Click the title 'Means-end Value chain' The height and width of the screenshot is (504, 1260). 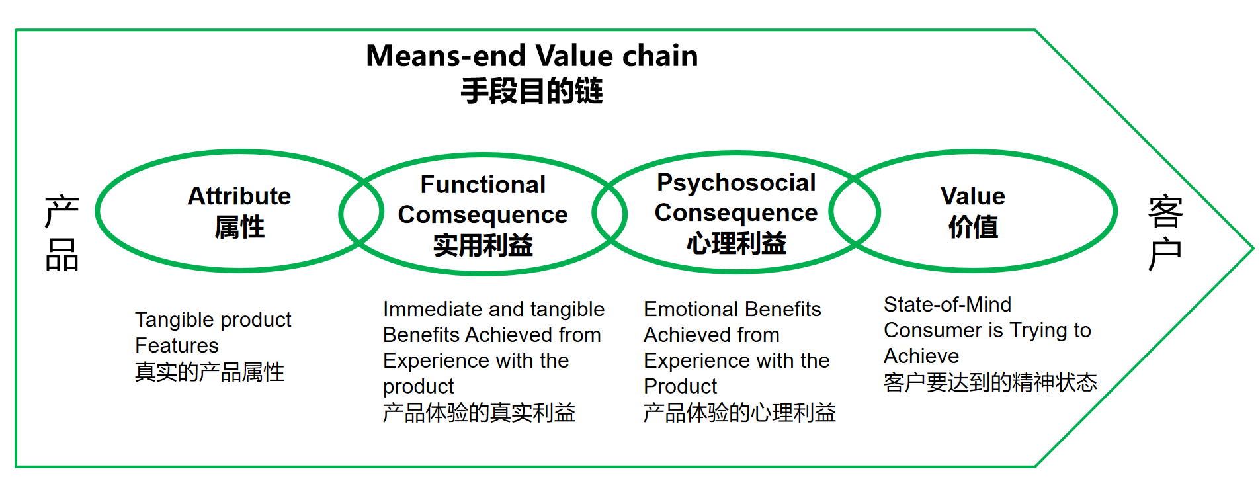pyautogui.click(x=532, y=56)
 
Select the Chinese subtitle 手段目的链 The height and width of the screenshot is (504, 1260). pyautogui.click(x=532, y=91)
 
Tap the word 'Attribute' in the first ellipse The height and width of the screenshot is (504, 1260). pyautogui.click(x=239, y=196)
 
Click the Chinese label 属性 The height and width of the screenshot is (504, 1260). pyautogui.click(x=239, y=228)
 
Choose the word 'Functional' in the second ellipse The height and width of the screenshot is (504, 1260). pyautogui.click(x=483, y=185)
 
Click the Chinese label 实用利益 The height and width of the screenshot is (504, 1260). pyautogui.click(x=483, y=246)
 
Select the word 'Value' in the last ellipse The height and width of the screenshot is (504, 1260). pyautogui.click(x=973, y=196)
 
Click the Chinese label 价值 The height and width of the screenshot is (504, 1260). pyautogui.click(x=973, y=228)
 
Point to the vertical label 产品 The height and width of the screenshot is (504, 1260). pyautogui.click(x=62, y=233)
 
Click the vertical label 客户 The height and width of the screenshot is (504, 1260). pyautogui.click(x=1165, y=233)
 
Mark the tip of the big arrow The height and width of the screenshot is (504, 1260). pyautogui.click(x=1253, y=249)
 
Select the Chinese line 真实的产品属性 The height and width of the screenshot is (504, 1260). pyautogui.click(x=210, y=372)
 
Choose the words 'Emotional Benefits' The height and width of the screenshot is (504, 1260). pyautogui.click(x=732, y=309)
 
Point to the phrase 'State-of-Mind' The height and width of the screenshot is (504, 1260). pyautogui.click(x=947, y=304)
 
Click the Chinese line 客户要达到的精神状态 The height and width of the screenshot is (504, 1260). pyautogui.click(x=990, y=382)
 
